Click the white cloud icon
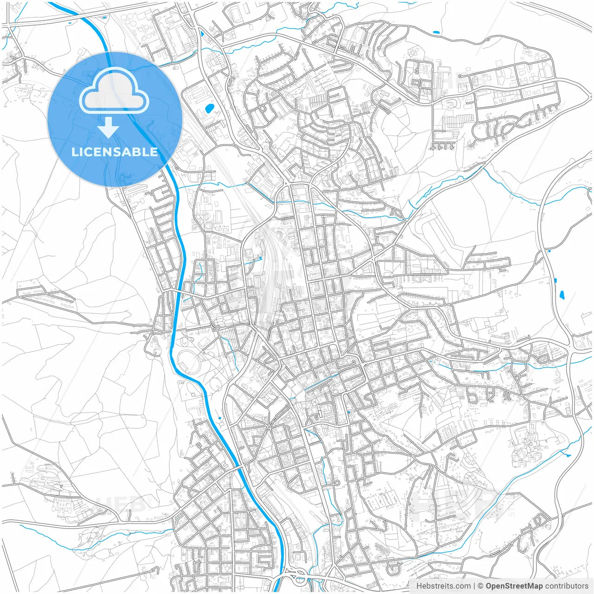(114, 91)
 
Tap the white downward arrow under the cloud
(109, 128)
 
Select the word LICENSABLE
(115, 152)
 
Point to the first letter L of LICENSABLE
(74, 152)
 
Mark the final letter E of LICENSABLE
(154, 152)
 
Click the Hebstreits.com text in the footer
(443, 586)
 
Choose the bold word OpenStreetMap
(514, 586)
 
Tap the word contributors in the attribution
(567, 586)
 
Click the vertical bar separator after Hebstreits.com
(474, 586)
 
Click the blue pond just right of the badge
(209, 110)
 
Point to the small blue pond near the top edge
(435, 32)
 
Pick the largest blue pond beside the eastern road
(562, 294)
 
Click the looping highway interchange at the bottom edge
(297, 578)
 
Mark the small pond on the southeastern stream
(568, 455)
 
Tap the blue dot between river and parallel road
(219, 418)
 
